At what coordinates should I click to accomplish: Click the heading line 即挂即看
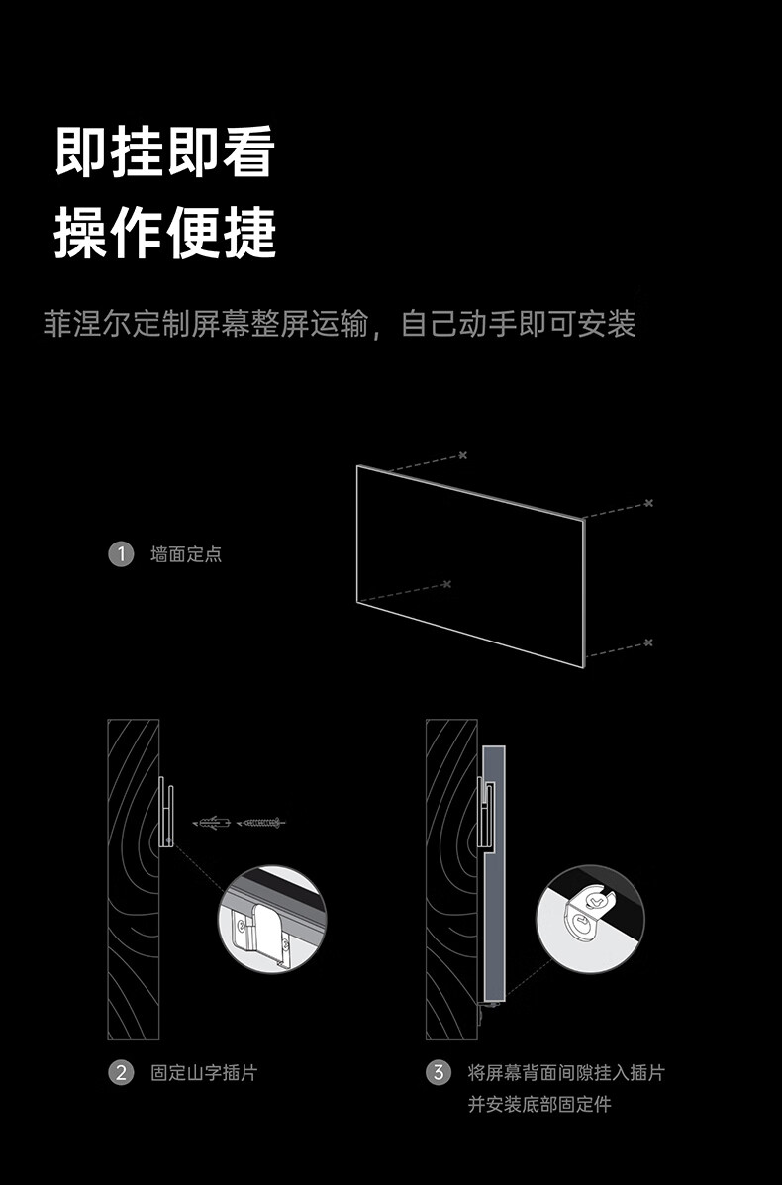tap(164, 152)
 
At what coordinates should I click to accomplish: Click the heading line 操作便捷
tap(164, 233)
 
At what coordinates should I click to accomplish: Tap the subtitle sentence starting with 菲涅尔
tap(339, 324)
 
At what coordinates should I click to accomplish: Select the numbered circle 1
tap(120, 553)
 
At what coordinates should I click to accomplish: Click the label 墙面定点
tap(186, 554)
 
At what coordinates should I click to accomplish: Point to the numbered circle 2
tap(120, 1072)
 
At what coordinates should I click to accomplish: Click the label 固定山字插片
tap(204, 1072)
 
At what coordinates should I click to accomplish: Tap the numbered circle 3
tap(438, 1072)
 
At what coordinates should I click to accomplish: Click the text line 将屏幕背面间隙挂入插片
tap(565, 1072)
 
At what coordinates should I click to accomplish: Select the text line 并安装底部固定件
tap(539, 1104)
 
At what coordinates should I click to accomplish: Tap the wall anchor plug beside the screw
tap(215, 822)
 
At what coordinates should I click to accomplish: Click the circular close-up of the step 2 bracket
tap(271, 918)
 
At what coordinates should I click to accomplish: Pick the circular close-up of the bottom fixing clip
tap(590, 919)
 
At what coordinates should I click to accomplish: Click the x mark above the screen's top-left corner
tap(462, 455)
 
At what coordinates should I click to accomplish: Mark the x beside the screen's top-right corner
tap(648, 503)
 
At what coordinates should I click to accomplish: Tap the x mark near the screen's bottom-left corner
tap(446, 584)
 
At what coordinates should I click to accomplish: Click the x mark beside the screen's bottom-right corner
tap(648, 642)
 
